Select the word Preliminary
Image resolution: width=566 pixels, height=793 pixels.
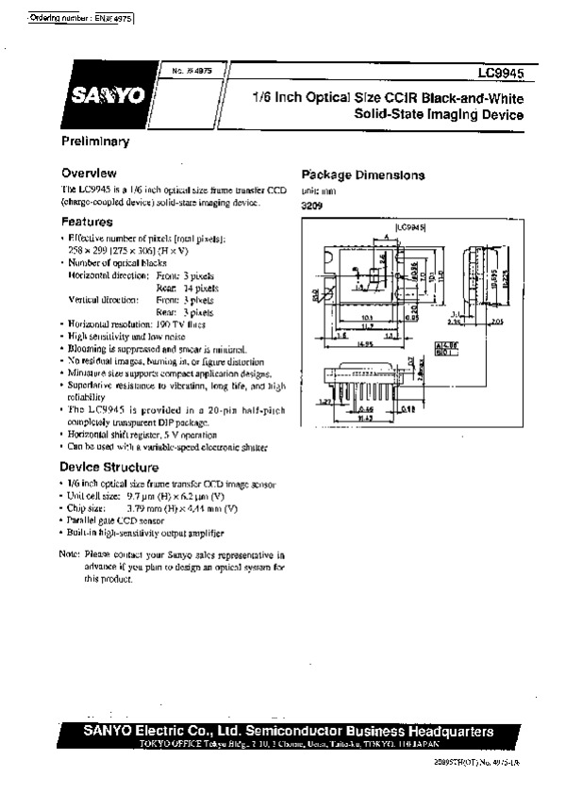95,141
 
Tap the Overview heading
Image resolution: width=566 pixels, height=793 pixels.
89,173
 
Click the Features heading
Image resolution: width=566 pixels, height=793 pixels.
87,222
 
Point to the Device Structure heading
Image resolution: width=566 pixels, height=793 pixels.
109,467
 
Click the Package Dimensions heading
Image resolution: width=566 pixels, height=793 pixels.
362,174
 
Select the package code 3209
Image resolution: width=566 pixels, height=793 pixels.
310,205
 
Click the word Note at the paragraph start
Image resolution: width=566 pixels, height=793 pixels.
69,555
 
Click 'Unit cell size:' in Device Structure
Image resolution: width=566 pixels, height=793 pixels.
93,496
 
